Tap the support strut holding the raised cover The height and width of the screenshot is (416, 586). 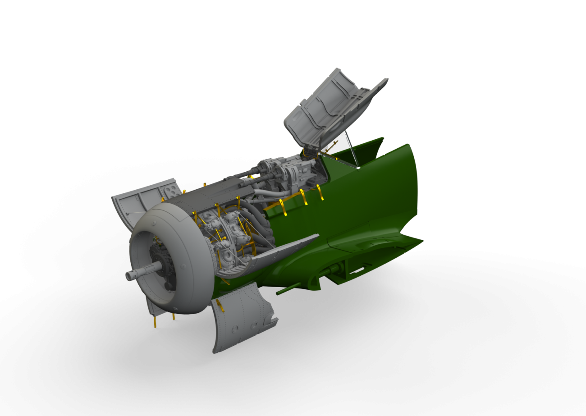(352, 149)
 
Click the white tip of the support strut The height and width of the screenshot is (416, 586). (357, 168)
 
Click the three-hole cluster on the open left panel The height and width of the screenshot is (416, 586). (170, 192)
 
